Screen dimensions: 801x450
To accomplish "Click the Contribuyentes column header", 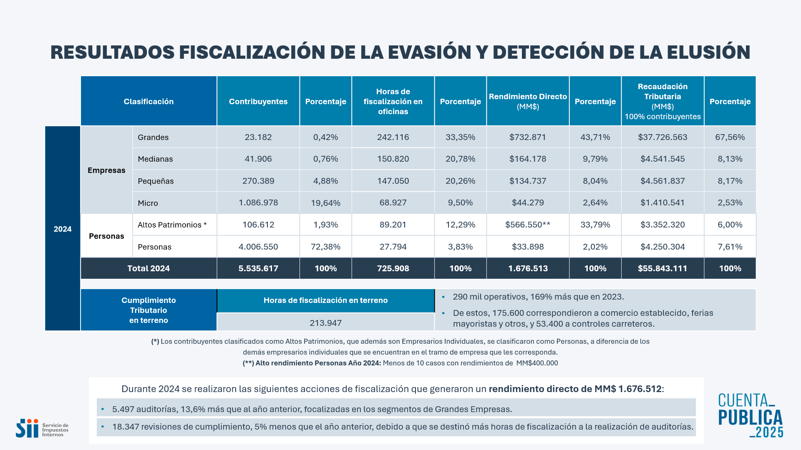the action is tap(258, 101).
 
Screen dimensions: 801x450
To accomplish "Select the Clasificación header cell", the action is tap(149, 101).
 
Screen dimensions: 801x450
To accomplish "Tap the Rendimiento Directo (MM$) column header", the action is tap(528, 101).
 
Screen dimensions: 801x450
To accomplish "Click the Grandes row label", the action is tap(153, 137).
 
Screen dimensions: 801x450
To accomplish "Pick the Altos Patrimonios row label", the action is tap(172, 225).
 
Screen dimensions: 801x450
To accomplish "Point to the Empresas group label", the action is tap(106, 170).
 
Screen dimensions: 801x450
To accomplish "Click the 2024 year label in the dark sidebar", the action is tap(63, 229).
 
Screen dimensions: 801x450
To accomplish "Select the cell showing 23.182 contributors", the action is tap(258, 137).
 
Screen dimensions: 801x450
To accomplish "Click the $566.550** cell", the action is tap(528, 225).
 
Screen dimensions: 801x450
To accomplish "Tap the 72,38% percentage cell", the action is tap(326, 247).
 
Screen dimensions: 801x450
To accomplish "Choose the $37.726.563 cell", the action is tap(662, 137).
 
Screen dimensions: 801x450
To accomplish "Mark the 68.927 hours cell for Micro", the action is tap(393, 203).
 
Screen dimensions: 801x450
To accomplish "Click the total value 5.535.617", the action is tap(258, 268).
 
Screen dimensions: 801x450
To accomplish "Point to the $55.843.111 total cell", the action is tap(662, 268).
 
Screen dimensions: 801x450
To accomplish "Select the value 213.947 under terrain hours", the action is tap(325, 323).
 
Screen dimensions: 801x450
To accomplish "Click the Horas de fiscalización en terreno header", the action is tap(325, 300).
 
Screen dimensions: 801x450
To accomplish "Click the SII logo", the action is tap(42, 428).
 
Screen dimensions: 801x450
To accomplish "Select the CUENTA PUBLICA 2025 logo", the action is tap(751, 415).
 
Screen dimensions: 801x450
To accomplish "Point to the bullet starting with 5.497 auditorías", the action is tap(312, 409).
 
